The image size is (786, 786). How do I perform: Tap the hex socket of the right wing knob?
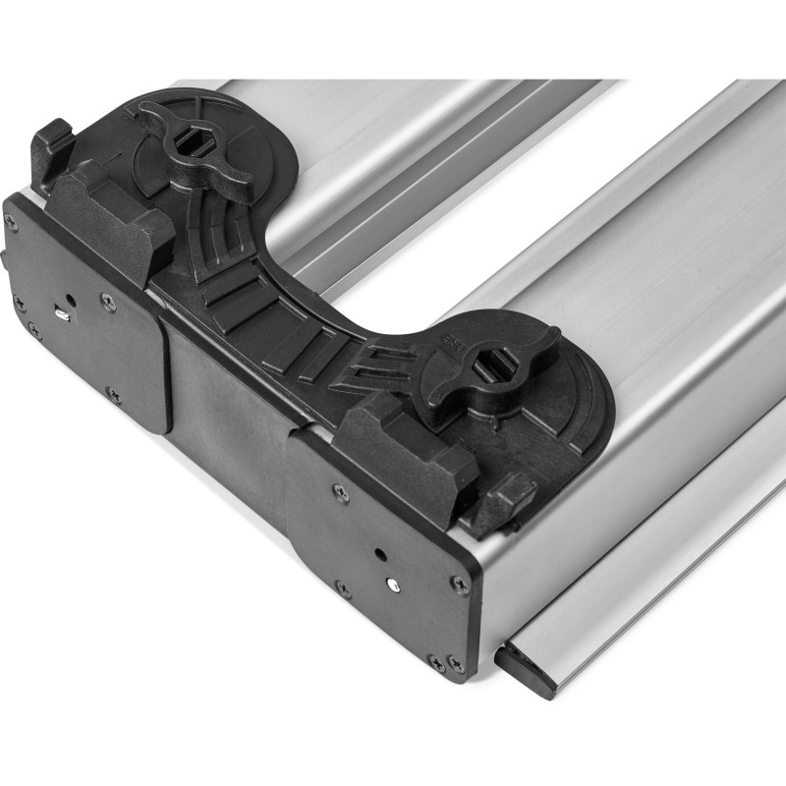tap(493, 370)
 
